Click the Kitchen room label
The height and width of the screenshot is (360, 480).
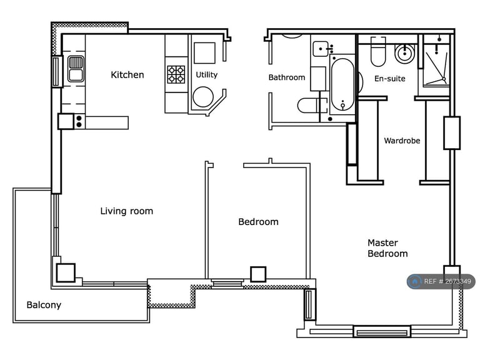[x=127, y=75]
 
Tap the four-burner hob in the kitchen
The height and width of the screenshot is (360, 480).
[x=176, y=74]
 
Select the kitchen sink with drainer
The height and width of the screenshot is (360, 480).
[x=76, y=69]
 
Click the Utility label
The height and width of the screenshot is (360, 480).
[x=206, y=75]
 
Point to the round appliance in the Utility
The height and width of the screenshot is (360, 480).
[x=203, y=97]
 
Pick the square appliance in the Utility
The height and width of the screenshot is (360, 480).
[x=204, y=52]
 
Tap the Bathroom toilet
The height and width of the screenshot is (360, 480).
[x=309, y=105]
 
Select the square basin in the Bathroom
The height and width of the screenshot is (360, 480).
[x=322, y=49]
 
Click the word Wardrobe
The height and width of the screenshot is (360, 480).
[x=402, y=141]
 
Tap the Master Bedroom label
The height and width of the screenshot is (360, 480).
[x=387, y=248]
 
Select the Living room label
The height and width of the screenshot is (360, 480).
[x=126, y=211]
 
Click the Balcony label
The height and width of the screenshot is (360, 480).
[x=44, y=305]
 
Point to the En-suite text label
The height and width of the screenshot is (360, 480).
[x=389, y=79]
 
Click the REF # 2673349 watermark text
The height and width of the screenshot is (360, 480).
[x=446, y=282]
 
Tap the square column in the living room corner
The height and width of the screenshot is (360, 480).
[x=66, y=272]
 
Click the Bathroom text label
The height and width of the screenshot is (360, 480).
[x=287, y=77]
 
